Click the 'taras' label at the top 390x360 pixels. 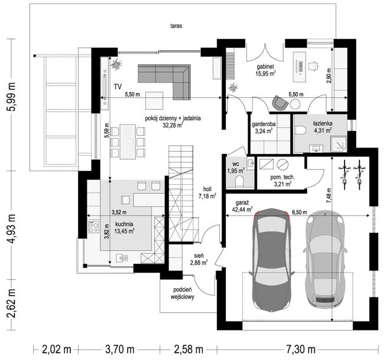176,26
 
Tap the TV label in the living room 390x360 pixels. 118,87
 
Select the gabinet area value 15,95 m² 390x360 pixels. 265,73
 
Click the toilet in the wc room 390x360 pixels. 239,181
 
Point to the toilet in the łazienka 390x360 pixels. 300,130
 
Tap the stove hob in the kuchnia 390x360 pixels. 93,227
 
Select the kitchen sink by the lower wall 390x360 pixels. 122,258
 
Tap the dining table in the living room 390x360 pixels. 128,142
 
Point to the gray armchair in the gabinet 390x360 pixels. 280,102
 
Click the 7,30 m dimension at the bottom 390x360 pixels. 301,349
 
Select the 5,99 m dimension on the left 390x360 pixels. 12,97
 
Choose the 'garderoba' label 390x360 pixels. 264,124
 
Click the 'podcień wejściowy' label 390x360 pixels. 183,293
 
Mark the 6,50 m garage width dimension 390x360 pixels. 300,212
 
